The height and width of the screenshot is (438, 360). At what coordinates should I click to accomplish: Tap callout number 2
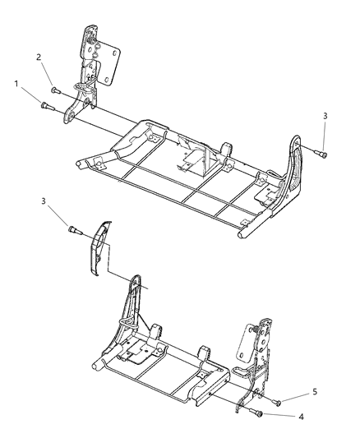(x=38, y=57)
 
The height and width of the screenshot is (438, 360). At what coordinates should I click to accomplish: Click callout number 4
(x=302, y=416)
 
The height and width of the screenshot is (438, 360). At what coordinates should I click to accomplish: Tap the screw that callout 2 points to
(x=55, y=90)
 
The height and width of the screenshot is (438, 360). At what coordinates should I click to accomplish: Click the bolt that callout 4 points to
(x=260, y=413)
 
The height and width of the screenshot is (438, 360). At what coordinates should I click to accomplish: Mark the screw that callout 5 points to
(x=275, y=403)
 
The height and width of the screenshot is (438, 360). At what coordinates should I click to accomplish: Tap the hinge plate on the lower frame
(x=261, y=345)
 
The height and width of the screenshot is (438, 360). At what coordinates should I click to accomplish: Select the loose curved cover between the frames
(x=98, y=247)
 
